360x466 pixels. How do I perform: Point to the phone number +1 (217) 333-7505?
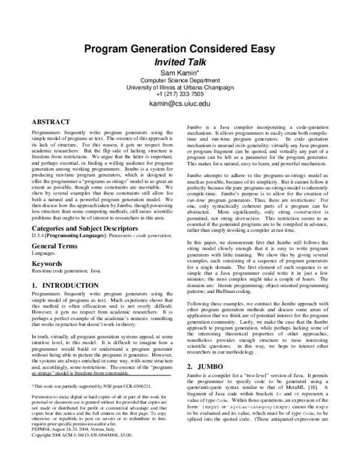coord(180,94)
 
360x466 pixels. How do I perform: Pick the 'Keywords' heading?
coord(47,263)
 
